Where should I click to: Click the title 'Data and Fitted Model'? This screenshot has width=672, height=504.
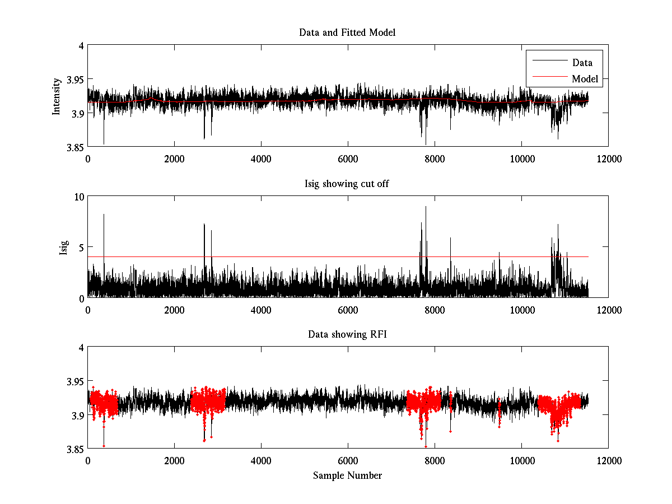pyautogui.click(x=347, y=32)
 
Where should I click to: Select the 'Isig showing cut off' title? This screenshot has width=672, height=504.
pyautogui.click(x=347, y=184)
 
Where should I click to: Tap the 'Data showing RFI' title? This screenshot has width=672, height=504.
pyautogui.click(x=347, y=334)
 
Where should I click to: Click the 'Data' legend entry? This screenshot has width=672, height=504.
pyautogui.click(x=582, y=63)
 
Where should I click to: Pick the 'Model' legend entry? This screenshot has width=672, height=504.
pyautogui.click(x=585, y=79)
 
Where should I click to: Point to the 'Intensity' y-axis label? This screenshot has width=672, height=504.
pyautogui.click(x=57, y=96)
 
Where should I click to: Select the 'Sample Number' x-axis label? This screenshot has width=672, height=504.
pyautogui.click(x=347, y=475)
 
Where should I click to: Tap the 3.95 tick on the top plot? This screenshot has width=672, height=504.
pyautogui.click(x=74, y=80)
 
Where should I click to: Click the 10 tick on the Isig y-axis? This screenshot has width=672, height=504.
pyautogui.click(x=79, y=197)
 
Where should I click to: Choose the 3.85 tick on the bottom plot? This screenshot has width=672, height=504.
pyautogui.click(x=74, y=449)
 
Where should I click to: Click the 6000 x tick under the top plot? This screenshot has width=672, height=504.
pyautogui.click(x=348, y=158)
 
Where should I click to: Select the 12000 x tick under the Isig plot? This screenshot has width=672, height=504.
pyautogui.click(x=608, y=309)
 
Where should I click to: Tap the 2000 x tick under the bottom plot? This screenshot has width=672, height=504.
pyautogui.click(x=174, y=460)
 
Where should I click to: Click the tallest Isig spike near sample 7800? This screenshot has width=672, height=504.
pyautogui.click(x=426, y=207)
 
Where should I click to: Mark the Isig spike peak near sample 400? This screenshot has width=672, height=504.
pyautogui.click(x=104, y=214)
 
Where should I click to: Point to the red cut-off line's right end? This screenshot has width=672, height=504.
pyautogui.click(x=588, y=256)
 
